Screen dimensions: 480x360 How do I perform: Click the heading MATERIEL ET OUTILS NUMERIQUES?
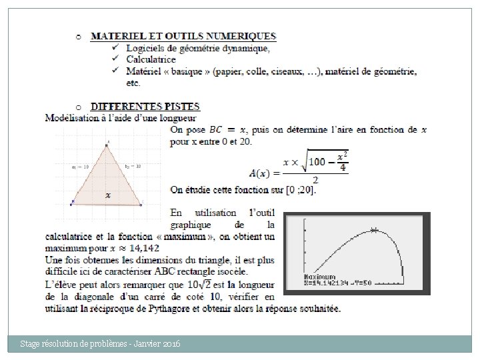coord(183,36)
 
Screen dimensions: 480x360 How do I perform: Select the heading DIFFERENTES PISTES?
coord(145,107)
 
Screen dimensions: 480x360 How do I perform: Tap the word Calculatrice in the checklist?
coord(151,59)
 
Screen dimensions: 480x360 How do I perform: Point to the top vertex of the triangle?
coord(107,144)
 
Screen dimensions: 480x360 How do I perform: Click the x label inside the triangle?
coord(107,195)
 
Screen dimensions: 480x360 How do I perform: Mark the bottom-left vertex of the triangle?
coord(72,202)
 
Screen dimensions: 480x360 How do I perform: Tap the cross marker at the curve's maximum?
coord(374,230)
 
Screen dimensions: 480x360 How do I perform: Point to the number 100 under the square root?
coord(317,161)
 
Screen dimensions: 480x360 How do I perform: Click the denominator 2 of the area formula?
coord(315,180)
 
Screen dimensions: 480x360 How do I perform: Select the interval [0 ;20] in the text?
coord(301,190)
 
